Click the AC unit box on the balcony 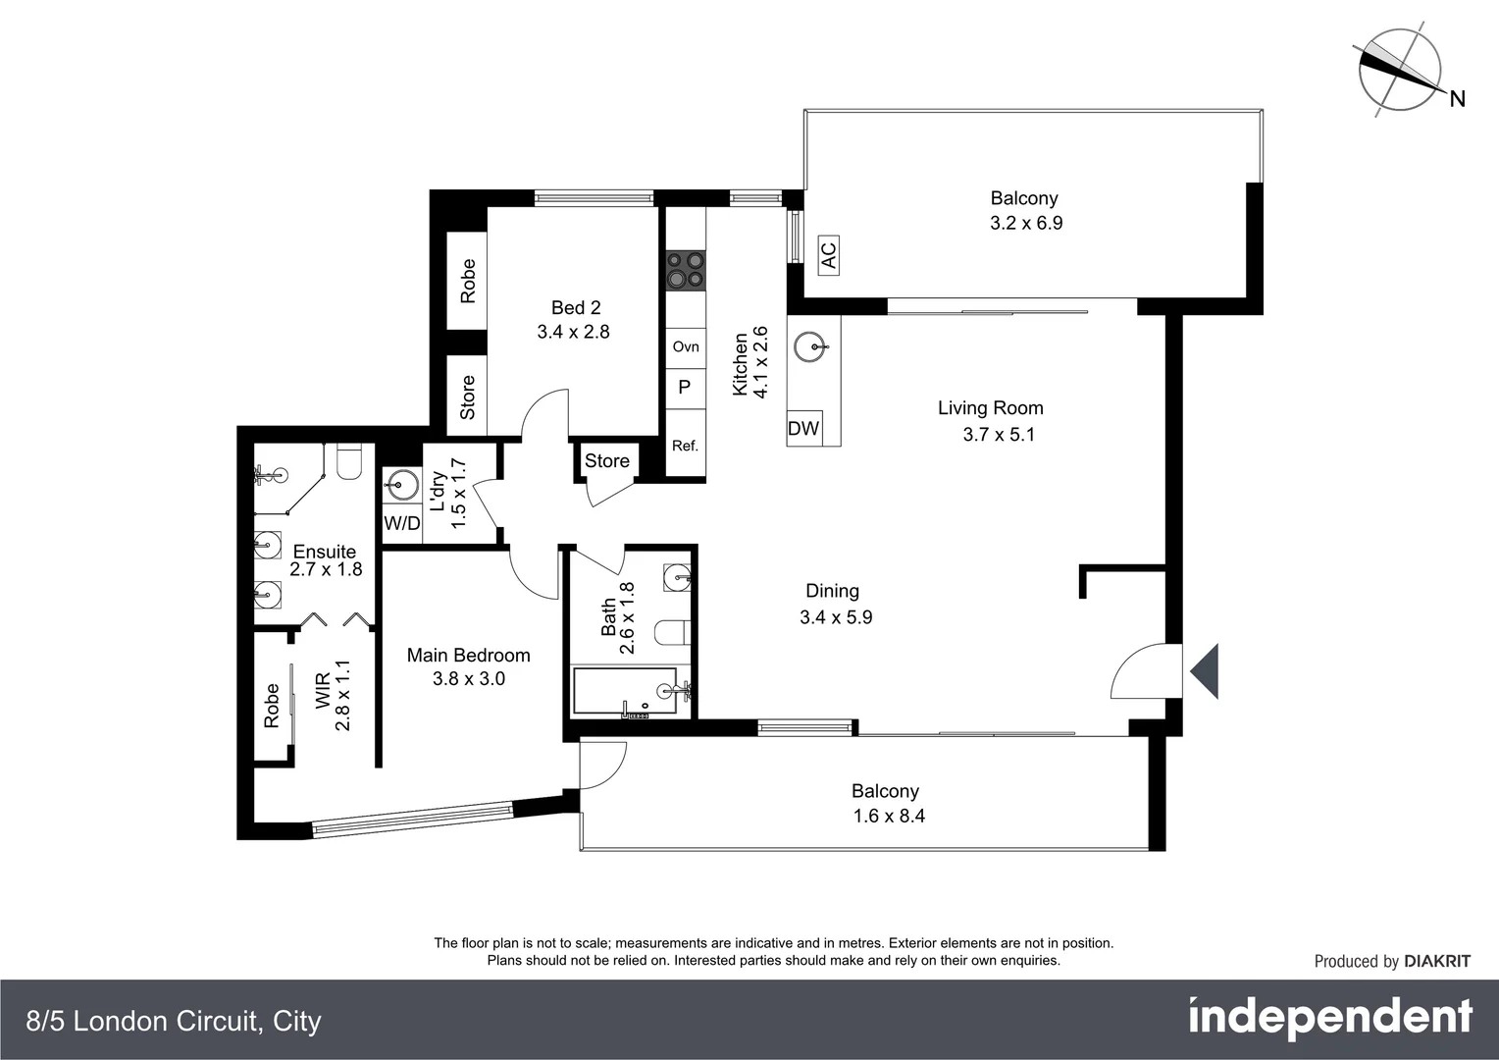tap(828, 255)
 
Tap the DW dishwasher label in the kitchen tap(803, 428)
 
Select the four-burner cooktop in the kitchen tap(686, 270)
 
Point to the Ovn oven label tap(686, 346)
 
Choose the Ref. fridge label tap(685, 446)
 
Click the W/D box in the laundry tap(401, 523)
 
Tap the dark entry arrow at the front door tap(1205, 671)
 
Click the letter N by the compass tap(1457, 98)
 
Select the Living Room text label tap(990, 408)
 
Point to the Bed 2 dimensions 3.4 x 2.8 tap(573, 332)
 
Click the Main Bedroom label tap(468, 655)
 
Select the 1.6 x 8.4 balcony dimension tap(889, 816)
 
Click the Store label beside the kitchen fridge tap(606, 460)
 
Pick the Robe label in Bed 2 tap(467, 280)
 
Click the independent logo tap(1329, 1018)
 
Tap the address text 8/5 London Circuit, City tap(174, 1022)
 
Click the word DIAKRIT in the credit tap(1437, 962)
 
